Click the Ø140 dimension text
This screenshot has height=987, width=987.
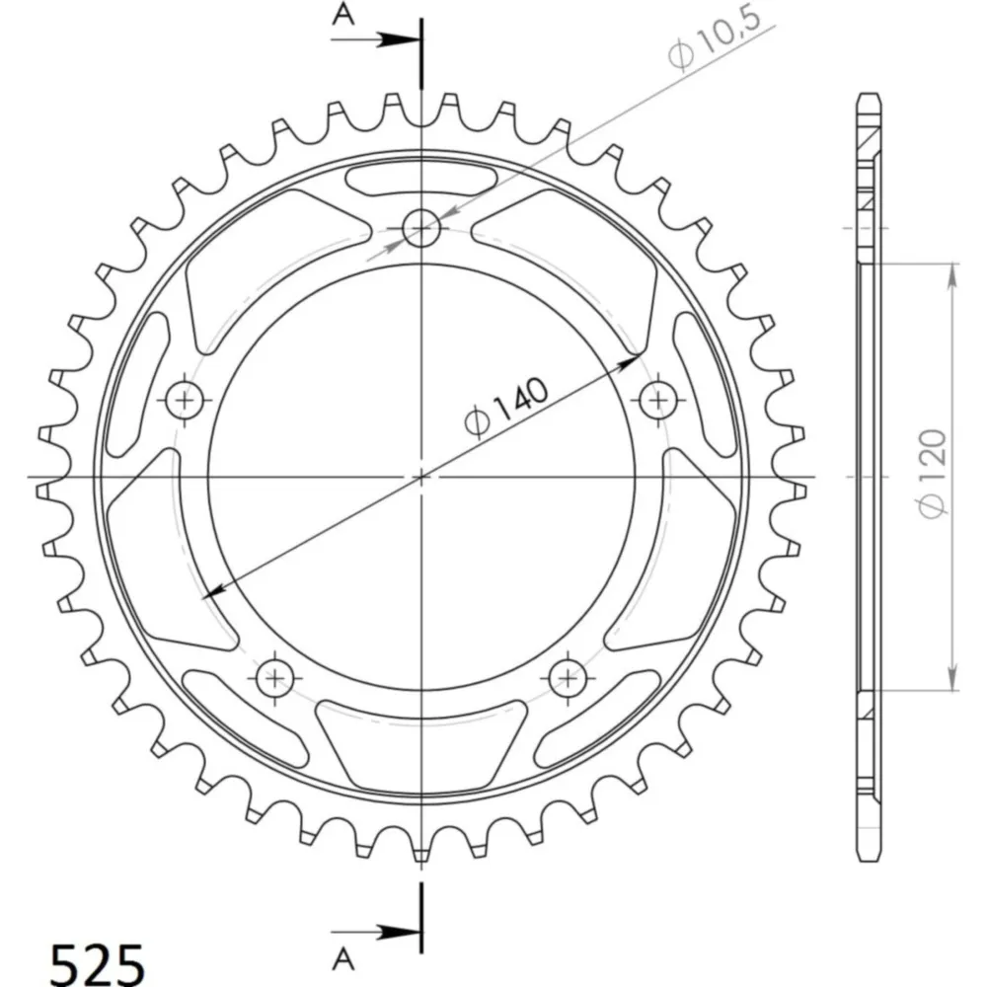[506, 407]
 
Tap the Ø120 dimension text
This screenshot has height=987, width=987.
[933, 474]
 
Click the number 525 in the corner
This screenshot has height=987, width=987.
[97, 963]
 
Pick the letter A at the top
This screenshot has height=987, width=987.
[343, 14]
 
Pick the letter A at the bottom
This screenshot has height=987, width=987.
[343, 960]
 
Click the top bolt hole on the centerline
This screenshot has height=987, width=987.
[421, 228]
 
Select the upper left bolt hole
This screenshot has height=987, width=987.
[185, 400]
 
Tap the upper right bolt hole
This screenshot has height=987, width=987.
[658, 400]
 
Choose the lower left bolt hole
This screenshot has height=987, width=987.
[275, 678]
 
